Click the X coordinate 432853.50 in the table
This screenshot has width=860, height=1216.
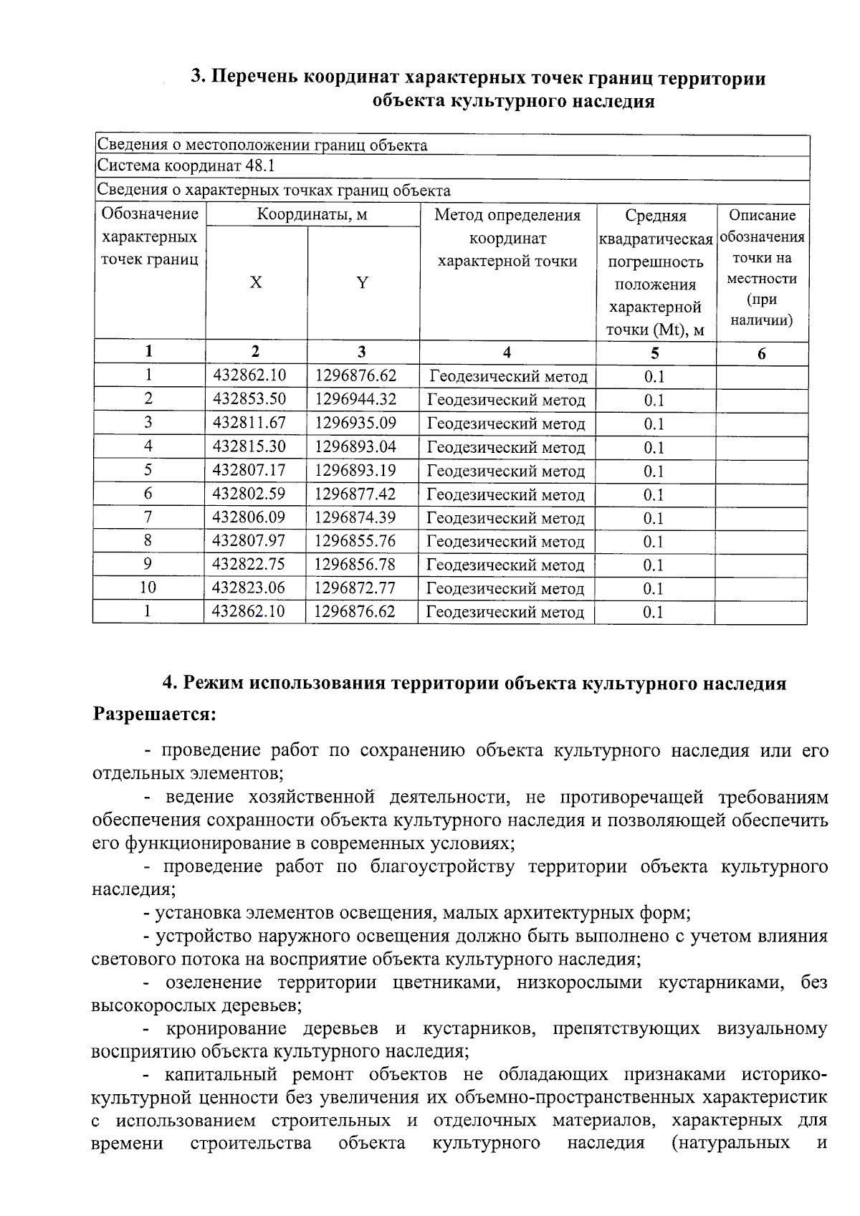coord(249,399)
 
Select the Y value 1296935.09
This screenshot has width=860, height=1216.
coord(355,423)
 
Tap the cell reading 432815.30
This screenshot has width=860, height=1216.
coord(249,446)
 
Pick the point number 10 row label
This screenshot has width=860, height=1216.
coord(148,588)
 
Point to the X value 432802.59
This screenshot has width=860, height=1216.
coord(249,494)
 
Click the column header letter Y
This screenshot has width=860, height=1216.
coord(363,283)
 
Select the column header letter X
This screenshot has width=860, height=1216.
coord(256,283)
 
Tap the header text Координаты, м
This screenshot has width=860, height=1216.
coord(312,215)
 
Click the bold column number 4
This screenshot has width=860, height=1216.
coord(507,352)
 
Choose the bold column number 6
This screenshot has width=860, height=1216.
coord(761,353)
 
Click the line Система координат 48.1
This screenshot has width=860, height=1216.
coord(186,167)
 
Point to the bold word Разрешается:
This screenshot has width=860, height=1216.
coord(155,715)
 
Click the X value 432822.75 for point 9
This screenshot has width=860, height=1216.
coord(249,565)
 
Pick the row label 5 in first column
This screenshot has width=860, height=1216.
coord(148,470)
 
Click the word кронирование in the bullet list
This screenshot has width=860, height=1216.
coord(225,1030)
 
